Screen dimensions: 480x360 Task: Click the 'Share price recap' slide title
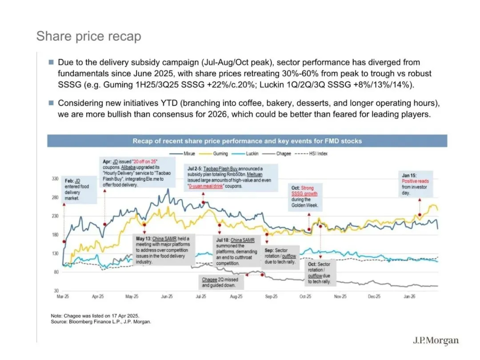pyautogui.click(x=89, y=36)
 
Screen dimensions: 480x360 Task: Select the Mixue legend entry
pyautogui.click(x=182, y=153)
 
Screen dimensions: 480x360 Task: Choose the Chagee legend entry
pyautogui.click(x=276, y=153)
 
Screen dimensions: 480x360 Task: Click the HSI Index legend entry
pyautogui.click(x=311, y=153)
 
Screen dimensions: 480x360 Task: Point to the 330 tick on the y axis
pyautogui.click(x=55, y=179)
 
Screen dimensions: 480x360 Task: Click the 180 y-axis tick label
pyautogui.click(x=55, y=235)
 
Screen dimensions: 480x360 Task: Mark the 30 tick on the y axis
pyautogui.click(x=56, y=291)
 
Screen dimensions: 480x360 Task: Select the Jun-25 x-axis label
pyautogui.click(x=167, y=296)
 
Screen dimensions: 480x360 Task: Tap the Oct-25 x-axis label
pyautogui.click(x=305, y=296)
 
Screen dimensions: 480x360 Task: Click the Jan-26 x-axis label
pyautogui.click(x=409, y=296)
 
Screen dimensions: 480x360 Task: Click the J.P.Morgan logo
pyautogui.click(x=436, y=340)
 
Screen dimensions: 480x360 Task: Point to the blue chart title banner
pyautogui.click(x=247, y=141)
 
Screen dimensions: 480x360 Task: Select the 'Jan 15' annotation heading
pyautogui.click(x=409, y=176)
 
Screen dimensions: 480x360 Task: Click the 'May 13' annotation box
pyautogui.click(x=164, y=250)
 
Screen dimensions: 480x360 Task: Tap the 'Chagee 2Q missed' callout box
pyautogui.click(x=221, y=282)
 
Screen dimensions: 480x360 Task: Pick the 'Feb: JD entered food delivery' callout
pyautogui.click(x=79, y=189)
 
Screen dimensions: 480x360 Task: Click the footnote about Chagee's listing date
pyautogui.click(x=95, y=316)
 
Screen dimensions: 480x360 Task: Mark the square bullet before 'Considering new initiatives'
pyautogui.click(x=51, y=103)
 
